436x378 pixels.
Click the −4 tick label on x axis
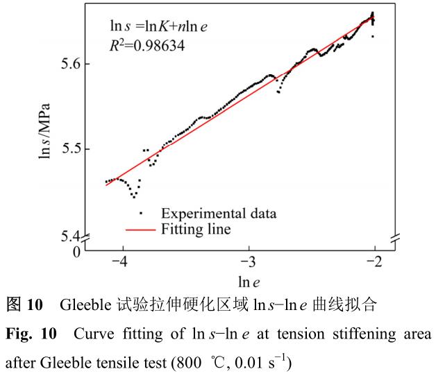point(121,264)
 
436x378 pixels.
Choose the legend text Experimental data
point(219,213)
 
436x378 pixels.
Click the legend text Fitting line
point(196,227)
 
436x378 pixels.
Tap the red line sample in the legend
point(140,228)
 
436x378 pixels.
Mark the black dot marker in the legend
point(140,213)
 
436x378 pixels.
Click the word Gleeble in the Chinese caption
point(84,304)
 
